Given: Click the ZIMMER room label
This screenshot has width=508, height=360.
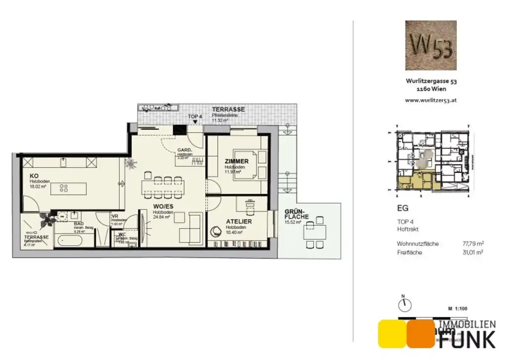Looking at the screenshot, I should click(x=236, y=161).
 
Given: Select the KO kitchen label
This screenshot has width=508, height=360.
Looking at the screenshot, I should click(x=34, y=176).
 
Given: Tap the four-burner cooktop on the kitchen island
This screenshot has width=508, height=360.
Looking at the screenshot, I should click(x=63, y=188).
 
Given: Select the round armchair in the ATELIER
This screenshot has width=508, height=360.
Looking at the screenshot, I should click(x=217, y=231).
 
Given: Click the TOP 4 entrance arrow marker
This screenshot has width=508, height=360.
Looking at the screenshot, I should click(x=195, y=121).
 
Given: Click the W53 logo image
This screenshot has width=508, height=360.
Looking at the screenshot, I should click(x=431, y=45).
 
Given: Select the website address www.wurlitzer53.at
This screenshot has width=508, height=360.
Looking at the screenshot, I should click(x=431, y=100).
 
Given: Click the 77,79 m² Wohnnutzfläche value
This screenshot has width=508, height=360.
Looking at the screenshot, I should click(x=472, y=243).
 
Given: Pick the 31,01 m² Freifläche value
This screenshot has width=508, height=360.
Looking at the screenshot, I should click(x=472, y=252).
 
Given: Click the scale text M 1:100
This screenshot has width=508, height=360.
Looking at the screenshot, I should click(x=457, y=308).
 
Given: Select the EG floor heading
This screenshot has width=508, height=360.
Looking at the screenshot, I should click(x=402, y=209).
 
